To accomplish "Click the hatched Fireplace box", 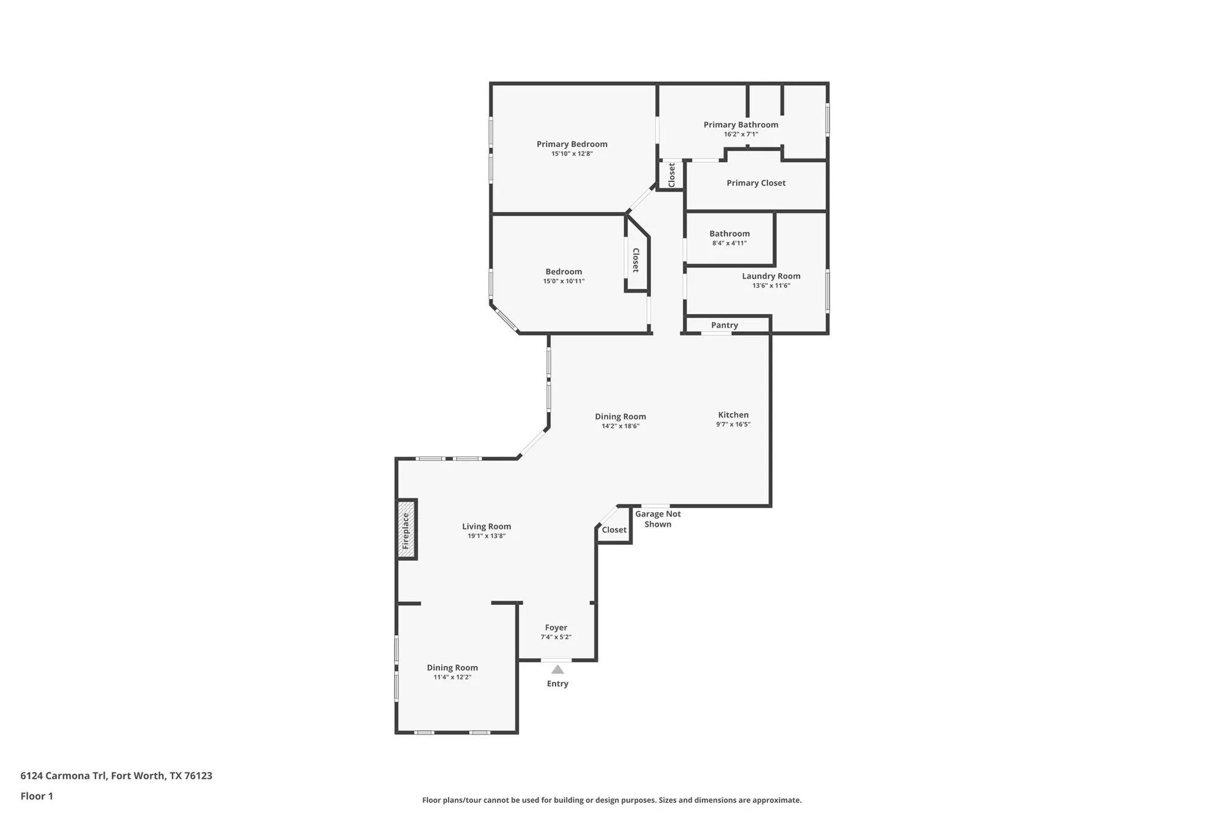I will click(x=407, y=530).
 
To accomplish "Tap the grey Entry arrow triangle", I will click(x=558, y=669).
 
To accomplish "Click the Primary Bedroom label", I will click(x=572, y=144).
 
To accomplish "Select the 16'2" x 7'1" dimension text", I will click(x=741, y=134).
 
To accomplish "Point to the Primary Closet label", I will click(x=756, y=182).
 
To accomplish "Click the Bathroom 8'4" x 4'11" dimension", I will click(x=729, y=243).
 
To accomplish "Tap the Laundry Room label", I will click(x=771, y=275).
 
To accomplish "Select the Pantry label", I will click(x=724, y=325).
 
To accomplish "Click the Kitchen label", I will click(x=733, y=414).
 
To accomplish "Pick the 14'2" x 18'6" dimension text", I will click(x=620, y=426).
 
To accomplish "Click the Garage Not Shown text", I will click(x=658, y=519).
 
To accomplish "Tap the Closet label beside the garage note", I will click(x=614, y=530).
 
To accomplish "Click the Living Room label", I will click(x=486, y=526).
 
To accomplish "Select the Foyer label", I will click(x=556, y=627).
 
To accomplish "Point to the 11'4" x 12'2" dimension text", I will click(x=452, y=677).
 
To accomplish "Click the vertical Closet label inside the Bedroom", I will click(x=636, y=260).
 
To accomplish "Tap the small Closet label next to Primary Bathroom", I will click(x=671, y=175).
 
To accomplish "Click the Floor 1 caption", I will click(x=37, y=796).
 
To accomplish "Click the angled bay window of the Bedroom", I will click(x=506, y=319).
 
